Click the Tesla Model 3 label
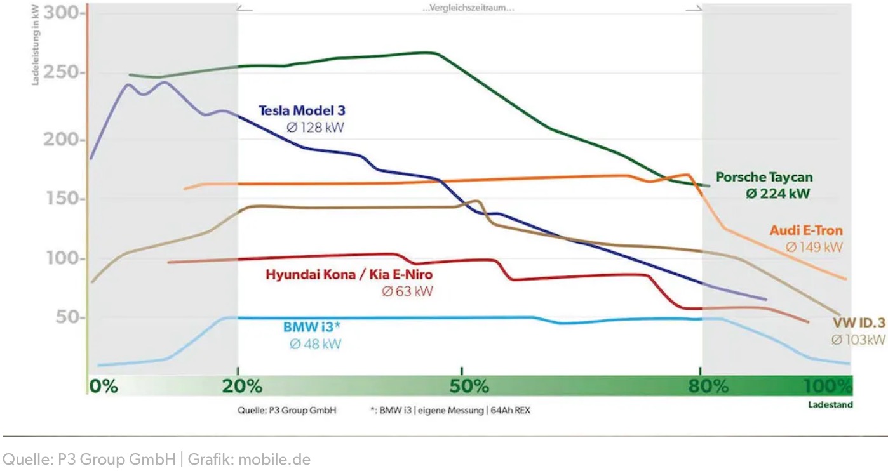[x=302, y=110]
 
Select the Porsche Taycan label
[x=764, y=178]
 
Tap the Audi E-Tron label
[x=806, y=230]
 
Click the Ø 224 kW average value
[x=778, y=194]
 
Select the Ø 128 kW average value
[x=315, y=128]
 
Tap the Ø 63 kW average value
[x=407, y=292]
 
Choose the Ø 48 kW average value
[x=315, y=344]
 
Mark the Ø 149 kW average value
[x=814, y=247]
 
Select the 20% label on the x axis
[x=242, y=386]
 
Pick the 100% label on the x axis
[x=827, y=386]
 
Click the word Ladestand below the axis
[x=830, y=404]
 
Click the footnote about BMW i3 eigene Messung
[x=450, y=411]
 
